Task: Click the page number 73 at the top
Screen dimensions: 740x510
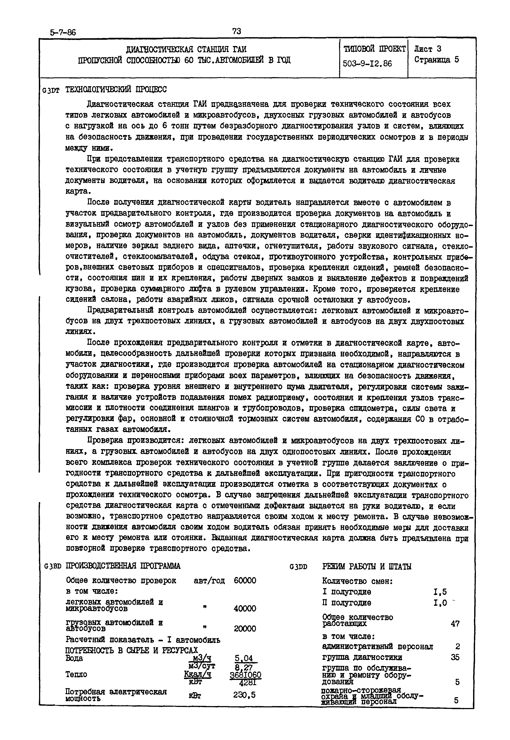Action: click(x=237, y=31)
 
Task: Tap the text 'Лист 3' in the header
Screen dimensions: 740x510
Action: click(x=428, y=49)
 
